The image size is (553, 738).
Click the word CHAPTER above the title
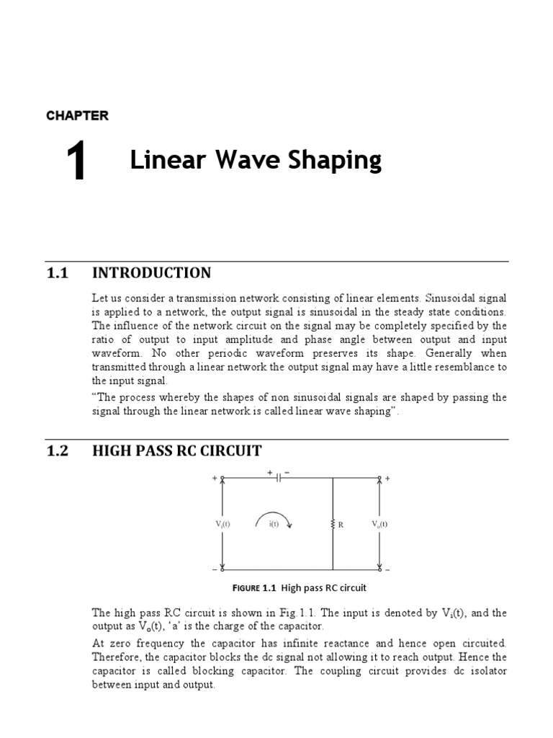(77, 115)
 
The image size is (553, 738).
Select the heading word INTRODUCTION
(151, 272)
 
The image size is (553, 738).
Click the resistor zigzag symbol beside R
(333, 525)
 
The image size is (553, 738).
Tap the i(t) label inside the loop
(274, 525)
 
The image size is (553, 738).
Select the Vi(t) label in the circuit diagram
(222, 525)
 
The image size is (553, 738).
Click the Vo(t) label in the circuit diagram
(379, 524)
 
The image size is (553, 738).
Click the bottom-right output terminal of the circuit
(379, 569)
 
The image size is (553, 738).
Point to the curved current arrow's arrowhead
(291, 530)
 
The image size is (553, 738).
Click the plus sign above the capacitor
(270, 473)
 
